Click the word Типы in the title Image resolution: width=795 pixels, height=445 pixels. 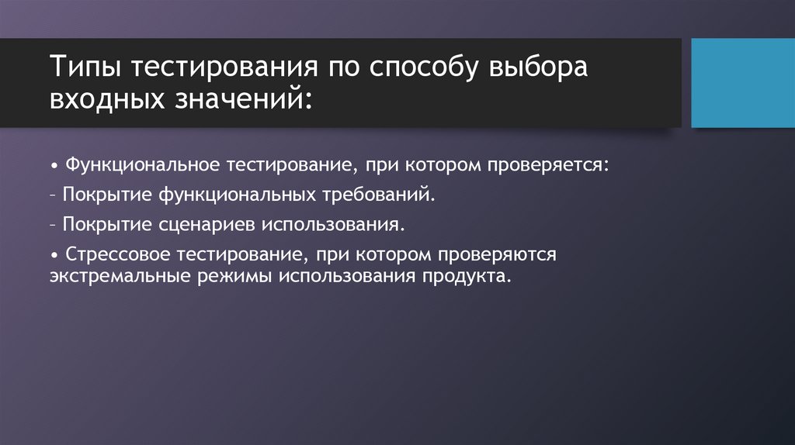click(85, 67)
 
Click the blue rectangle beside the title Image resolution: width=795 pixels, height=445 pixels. click(738, 82)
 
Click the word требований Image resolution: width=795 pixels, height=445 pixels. click(380, 195)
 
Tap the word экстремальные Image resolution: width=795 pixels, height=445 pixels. click(111, 277)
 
